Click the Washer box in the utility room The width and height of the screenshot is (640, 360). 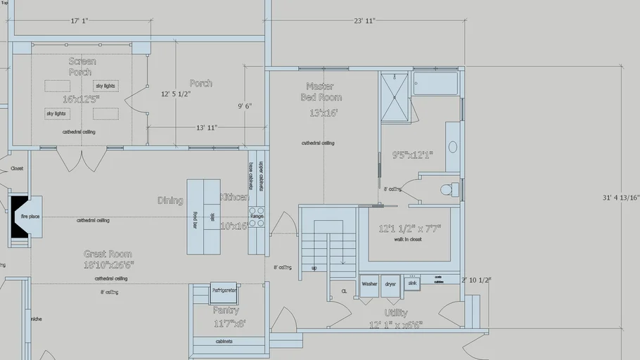[x=369, y=285]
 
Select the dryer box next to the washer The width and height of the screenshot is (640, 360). [x=390, y=285]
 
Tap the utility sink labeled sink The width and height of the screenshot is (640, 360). [x=412, y=283]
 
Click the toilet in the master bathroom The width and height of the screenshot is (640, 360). [x=446, y=190]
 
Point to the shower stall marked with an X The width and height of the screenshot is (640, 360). [x=394, y=96]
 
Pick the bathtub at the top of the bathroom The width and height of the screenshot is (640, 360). [x=435, y=83]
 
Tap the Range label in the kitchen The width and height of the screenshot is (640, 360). [x=257, y=217]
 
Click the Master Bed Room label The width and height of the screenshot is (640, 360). [x=321, y=91]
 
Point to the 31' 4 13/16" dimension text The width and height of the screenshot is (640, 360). [x=621, y=198]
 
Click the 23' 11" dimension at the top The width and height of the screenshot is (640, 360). [x=364, y=21]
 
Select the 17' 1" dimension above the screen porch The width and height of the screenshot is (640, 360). [x=79, y=21]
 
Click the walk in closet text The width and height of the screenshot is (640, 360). [x=408, y=240]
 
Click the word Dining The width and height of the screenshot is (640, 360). [x=170, y=200]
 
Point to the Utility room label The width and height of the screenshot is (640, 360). [x=396, y=313]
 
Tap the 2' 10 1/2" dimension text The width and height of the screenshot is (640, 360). [x=476, y=280]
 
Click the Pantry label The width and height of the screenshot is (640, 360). [x=226, y=310]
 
